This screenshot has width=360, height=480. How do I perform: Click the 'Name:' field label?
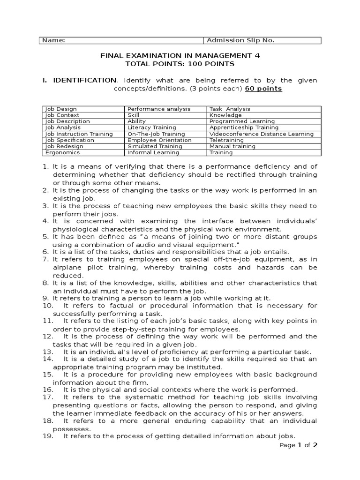[x=54, y=40]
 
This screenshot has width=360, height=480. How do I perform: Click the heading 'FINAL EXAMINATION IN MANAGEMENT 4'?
[x=180, y=55]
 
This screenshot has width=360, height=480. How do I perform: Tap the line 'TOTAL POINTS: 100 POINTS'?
[x=180, y=64]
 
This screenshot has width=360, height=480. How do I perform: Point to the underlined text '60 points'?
[x=263, y=89]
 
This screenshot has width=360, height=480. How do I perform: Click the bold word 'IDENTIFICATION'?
[x=84, y=80]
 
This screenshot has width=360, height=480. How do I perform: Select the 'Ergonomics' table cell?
[x=62, y=152]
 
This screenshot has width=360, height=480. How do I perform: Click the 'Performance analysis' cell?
[x=159, y=109]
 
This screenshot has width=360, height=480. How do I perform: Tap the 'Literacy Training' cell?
[x=152, y=127]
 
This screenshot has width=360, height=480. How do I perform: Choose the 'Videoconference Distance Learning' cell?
[x=262, y=134]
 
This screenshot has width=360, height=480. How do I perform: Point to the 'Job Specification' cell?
[x=69, y=140]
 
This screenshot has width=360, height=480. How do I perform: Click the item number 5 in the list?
[x=45, y=237]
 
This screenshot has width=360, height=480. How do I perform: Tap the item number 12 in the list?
[x=47, y=336]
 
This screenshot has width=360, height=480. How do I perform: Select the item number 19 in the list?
[x=47, y=435]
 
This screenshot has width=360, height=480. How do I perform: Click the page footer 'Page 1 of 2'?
[x=299, y=445]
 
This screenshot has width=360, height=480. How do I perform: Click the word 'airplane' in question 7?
[x=66, y=267]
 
